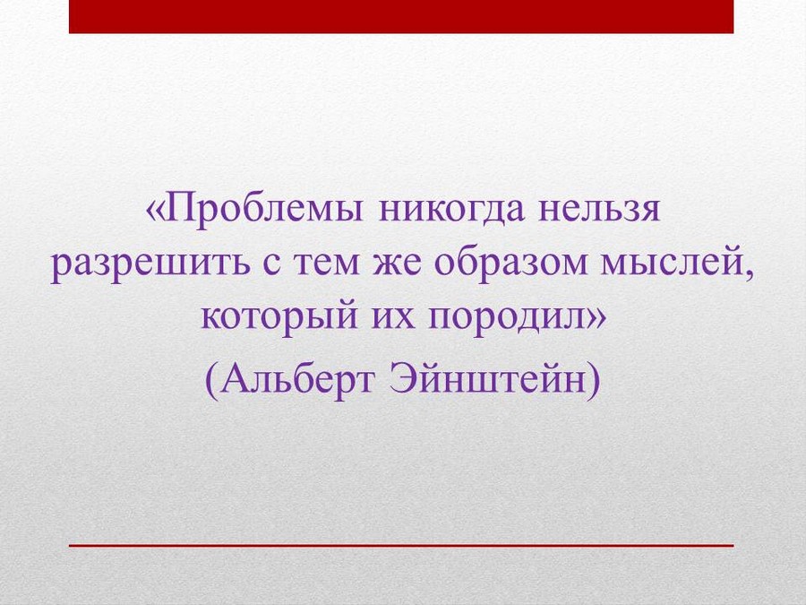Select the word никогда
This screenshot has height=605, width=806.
tap(450, 210)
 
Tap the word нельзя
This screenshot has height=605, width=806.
tap(599, 210)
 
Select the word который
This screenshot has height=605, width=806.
tap(279, 318)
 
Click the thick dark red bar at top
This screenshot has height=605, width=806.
tap(401, 16)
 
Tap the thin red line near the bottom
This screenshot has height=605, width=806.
tap(401, 545)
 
